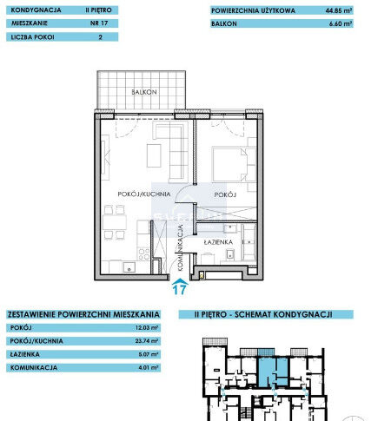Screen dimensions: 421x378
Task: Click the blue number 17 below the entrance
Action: pos(181,292)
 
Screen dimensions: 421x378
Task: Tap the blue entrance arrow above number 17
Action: pos(181,280)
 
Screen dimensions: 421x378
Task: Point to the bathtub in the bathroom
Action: pos(249,243)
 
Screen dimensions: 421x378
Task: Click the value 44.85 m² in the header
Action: pos(338,11)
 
